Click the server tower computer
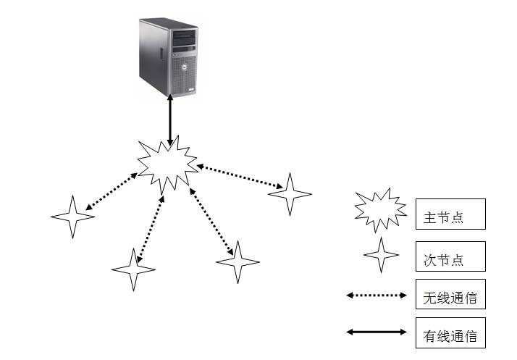point(168,57)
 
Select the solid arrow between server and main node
point(170,120)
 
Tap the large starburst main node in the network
point(167,165)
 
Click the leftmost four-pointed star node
point(73,217)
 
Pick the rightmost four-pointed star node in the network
point(290,194)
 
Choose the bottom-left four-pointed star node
point(133,269)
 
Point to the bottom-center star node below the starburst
point(238,262)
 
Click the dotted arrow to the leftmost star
point(112,191)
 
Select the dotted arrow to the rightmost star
point(240,177)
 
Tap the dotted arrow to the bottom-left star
point(151,229)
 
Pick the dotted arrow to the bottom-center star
point(211,222)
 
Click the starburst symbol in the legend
point(380,210)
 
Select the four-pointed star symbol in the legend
point(381,255)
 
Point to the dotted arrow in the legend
point(377,296)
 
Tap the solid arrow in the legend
point(377,332)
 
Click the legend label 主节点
point(443,218)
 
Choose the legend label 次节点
point(443,260)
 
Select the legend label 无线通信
point(450,298)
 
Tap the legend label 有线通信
point(450,336)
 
